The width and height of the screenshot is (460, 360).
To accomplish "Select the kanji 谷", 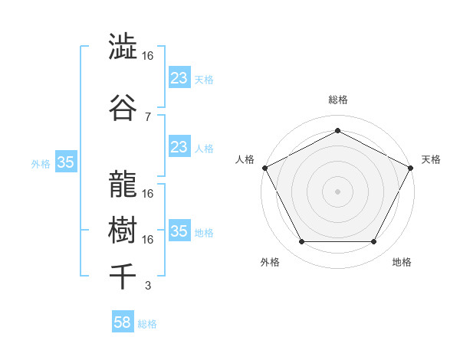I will click(123, 108).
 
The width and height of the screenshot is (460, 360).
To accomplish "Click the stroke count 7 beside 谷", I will click(147, 116).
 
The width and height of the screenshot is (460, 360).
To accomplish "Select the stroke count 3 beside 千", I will click(147, 286).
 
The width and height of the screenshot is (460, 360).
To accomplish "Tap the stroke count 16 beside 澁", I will click(148, 56).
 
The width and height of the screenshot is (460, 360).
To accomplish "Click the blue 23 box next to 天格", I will click(179, 78).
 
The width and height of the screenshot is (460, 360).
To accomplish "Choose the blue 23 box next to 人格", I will click(179, 147).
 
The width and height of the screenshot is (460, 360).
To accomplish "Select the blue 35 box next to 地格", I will click(179, 231).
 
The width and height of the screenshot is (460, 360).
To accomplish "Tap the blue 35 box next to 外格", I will click(65, 162).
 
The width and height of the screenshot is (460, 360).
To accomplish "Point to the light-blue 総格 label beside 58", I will click(147, 324).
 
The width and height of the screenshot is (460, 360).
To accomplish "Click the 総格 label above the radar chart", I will click(337, 100).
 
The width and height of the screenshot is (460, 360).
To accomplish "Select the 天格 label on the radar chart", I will click(431, 159).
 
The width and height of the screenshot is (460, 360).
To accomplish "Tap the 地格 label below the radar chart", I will click(402, 262).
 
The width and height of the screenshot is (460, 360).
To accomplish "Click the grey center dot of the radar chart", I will click(337, 191).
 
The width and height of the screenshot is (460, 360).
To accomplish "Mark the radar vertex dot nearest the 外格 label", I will click(301, 242).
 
